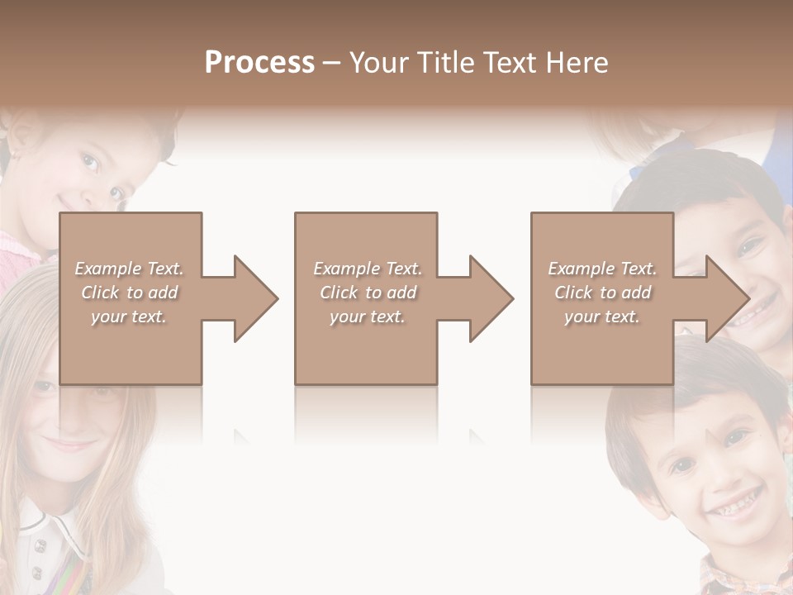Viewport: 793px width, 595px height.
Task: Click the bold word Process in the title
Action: pos(259,63)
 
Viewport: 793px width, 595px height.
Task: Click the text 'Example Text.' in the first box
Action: pos(129,269)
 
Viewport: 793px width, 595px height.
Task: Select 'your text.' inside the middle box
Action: pos(367,317)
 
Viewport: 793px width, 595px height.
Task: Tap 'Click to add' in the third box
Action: pos(602,293)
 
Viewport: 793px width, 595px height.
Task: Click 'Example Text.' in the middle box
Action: pos(367,269)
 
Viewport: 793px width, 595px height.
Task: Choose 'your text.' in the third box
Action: pos(602,317)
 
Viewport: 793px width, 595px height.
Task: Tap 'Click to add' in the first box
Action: pos(129,293)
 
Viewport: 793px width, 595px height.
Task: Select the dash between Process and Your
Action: pos(332,63)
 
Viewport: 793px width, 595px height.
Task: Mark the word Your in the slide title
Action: pos(380,63)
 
